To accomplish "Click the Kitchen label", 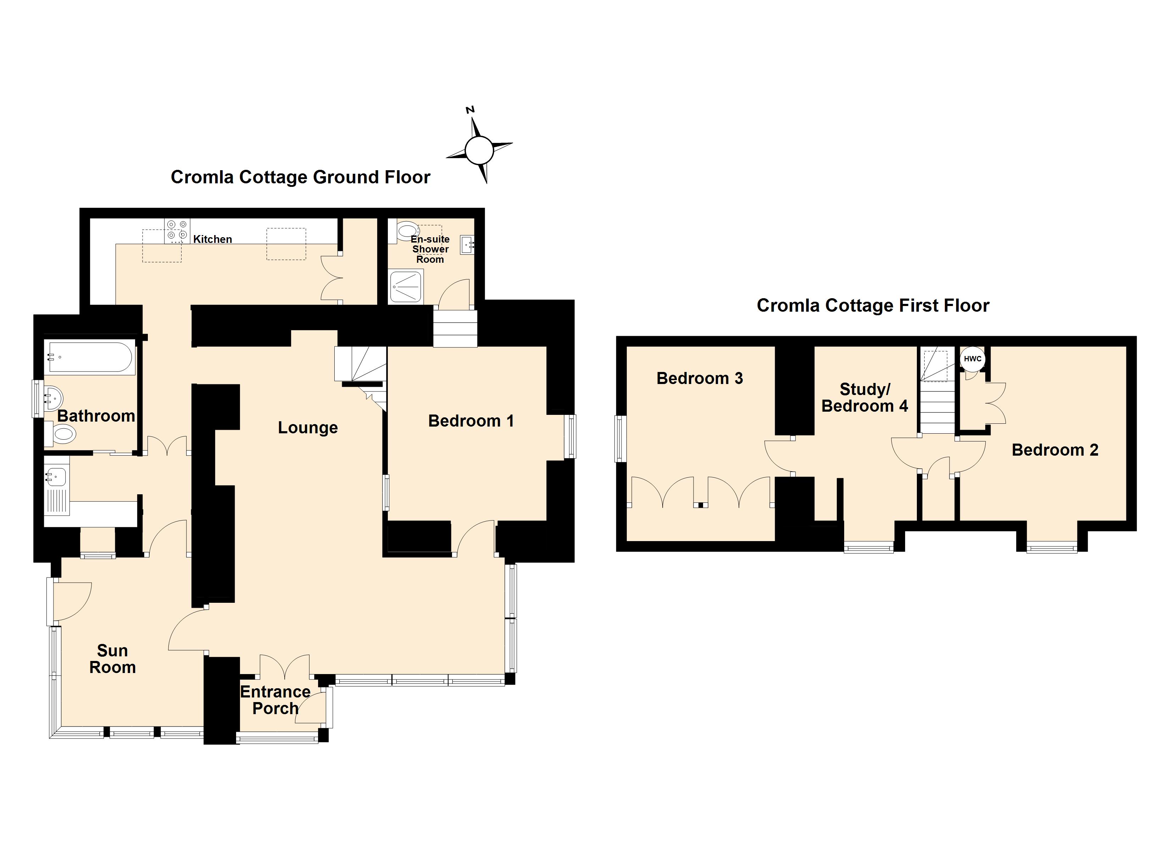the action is point(212,239).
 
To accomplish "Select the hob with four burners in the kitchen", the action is point(177,231).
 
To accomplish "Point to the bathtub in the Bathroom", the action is point(90,357).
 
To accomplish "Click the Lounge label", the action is point(308,427).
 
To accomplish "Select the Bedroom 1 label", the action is point(471,421).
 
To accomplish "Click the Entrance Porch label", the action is point(275,700).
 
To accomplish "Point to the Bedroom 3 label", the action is point(700,378).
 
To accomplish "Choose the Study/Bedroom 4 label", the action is point(865,397).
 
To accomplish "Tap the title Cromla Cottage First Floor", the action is point(873,306).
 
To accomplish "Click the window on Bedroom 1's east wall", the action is point(570,436).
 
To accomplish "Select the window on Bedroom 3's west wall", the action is point(620,438).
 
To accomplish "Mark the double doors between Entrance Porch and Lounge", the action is point(285,666).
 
